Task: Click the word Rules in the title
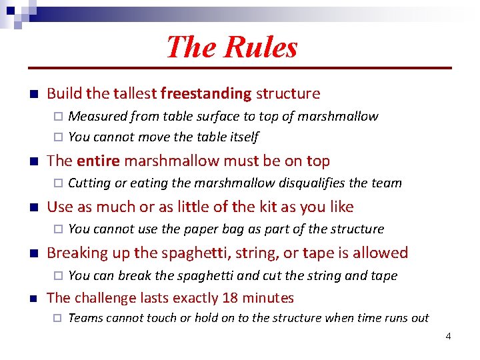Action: (x=261, y=47)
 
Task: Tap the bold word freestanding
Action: (x=206, y=94)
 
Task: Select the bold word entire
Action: (x=99, y=161)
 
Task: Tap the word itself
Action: (x=241, y=137)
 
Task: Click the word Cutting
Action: (x=89, y=183)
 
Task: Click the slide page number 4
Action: (x=448, y=336)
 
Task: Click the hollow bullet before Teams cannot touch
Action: (x=57, y=318)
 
